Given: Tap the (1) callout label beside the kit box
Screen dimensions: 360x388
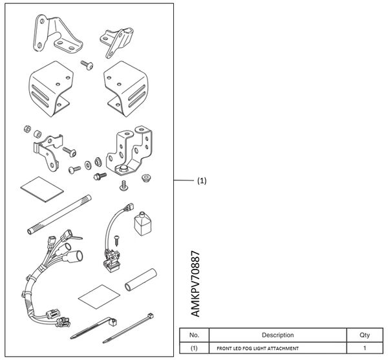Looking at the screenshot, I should pyautogui.click(x=202, y=182).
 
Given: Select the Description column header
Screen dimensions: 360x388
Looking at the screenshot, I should pyautogui.click(x=278, y=335).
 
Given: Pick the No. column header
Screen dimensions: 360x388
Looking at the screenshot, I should pyautogui.click(x=194, y=335).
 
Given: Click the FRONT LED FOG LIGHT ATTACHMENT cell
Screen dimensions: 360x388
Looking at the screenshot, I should pyautogui.click(x=258, y=348).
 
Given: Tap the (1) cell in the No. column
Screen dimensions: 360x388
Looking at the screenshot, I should pyautogui.click(x=194, y=348).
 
